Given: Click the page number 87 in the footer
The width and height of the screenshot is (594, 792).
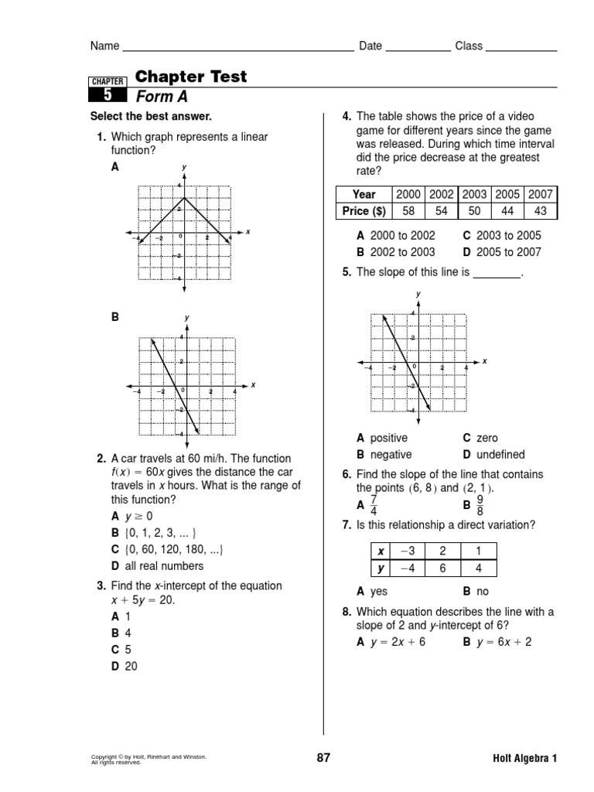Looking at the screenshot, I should point(323,758).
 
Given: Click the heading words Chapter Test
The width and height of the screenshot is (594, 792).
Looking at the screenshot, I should point(191,77).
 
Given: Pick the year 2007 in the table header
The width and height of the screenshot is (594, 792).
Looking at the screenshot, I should point(541,195).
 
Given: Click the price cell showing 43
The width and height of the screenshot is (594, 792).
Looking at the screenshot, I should point(541,211).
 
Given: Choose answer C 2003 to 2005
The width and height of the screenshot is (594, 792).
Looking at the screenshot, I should point(502,236).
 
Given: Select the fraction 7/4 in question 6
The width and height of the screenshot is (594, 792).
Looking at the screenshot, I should point(374,506).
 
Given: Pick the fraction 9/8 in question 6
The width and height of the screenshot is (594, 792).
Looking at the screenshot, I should point(479,506).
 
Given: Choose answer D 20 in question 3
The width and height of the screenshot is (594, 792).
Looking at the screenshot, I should point(125,666).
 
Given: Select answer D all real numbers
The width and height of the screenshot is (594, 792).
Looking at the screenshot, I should point(158,566).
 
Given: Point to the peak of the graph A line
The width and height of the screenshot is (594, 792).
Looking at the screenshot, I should point(184,198).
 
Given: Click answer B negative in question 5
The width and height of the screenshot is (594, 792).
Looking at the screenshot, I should point(384,455).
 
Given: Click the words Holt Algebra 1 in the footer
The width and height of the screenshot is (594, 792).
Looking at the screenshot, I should point(524,759).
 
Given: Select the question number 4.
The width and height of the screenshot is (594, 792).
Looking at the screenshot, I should point(347,117).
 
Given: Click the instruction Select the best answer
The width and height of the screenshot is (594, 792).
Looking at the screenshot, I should point(151,117).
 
